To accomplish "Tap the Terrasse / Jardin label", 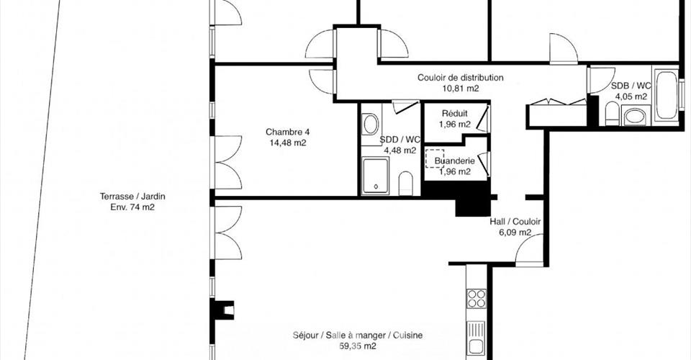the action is (x=132, y=197).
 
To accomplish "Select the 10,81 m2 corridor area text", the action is (x=461, y=88).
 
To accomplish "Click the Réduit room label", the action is (x=455, y=114).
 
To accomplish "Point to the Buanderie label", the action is (x=455, y=161).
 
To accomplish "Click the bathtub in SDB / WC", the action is (x=666, y=95).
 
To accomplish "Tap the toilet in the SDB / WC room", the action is (x=612, y=114).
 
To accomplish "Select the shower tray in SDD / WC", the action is (x=376, y=176).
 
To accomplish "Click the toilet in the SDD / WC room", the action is (x=405, y=184).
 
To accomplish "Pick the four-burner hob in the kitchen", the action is (x=477, y=298).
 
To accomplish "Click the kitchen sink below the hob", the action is (x=476, y=338).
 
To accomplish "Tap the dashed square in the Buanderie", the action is (x=435, y=158).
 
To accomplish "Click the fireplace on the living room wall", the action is (x=223, y=310).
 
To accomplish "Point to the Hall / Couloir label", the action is (x=515, y=222).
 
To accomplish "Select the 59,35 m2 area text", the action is (x=358, y=346).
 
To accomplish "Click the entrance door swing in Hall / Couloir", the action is (x=529, y=250).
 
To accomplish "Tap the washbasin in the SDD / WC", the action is (x=370, y=125).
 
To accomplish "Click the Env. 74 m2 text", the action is (x=132, y=207).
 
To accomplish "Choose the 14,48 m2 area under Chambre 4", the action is (x=288, y=143).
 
